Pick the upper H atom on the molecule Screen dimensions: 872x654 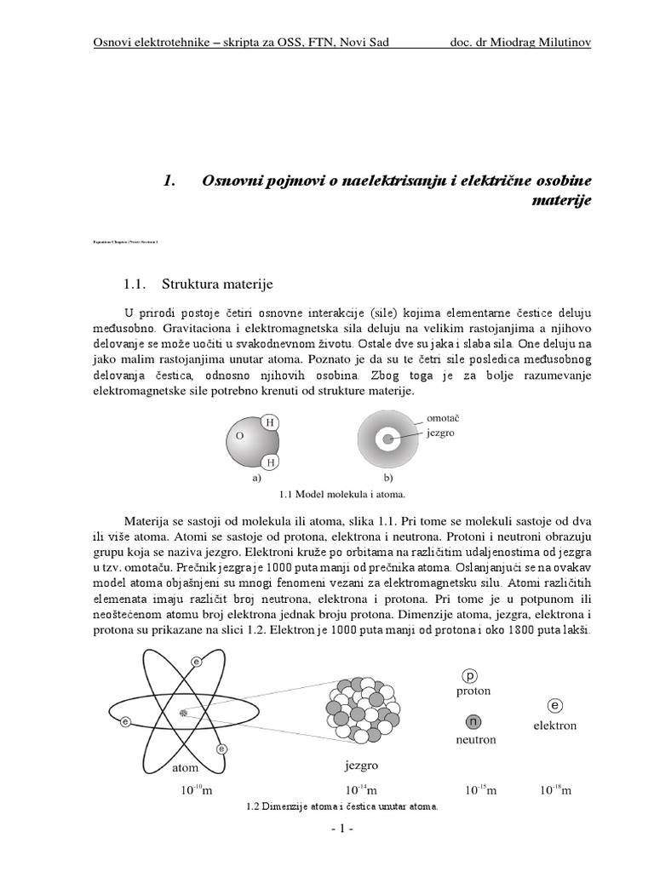(270, 422)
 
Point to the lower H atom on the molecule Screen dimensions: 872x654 (270, 462)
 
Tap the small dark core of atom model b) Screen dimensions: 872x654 (388, 439)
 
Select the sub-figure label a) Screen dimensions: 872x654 (255, 479)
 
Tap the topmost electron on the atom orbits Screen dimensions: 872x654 (197, 661)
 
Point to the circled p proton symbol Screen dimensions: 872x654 (473, 674)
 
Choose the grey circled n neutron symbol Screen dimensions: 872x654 (473, 722)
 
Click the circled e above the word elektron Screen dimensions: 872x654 (555, 706)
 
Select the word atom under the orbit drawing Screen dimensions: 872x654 (185, 767)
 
